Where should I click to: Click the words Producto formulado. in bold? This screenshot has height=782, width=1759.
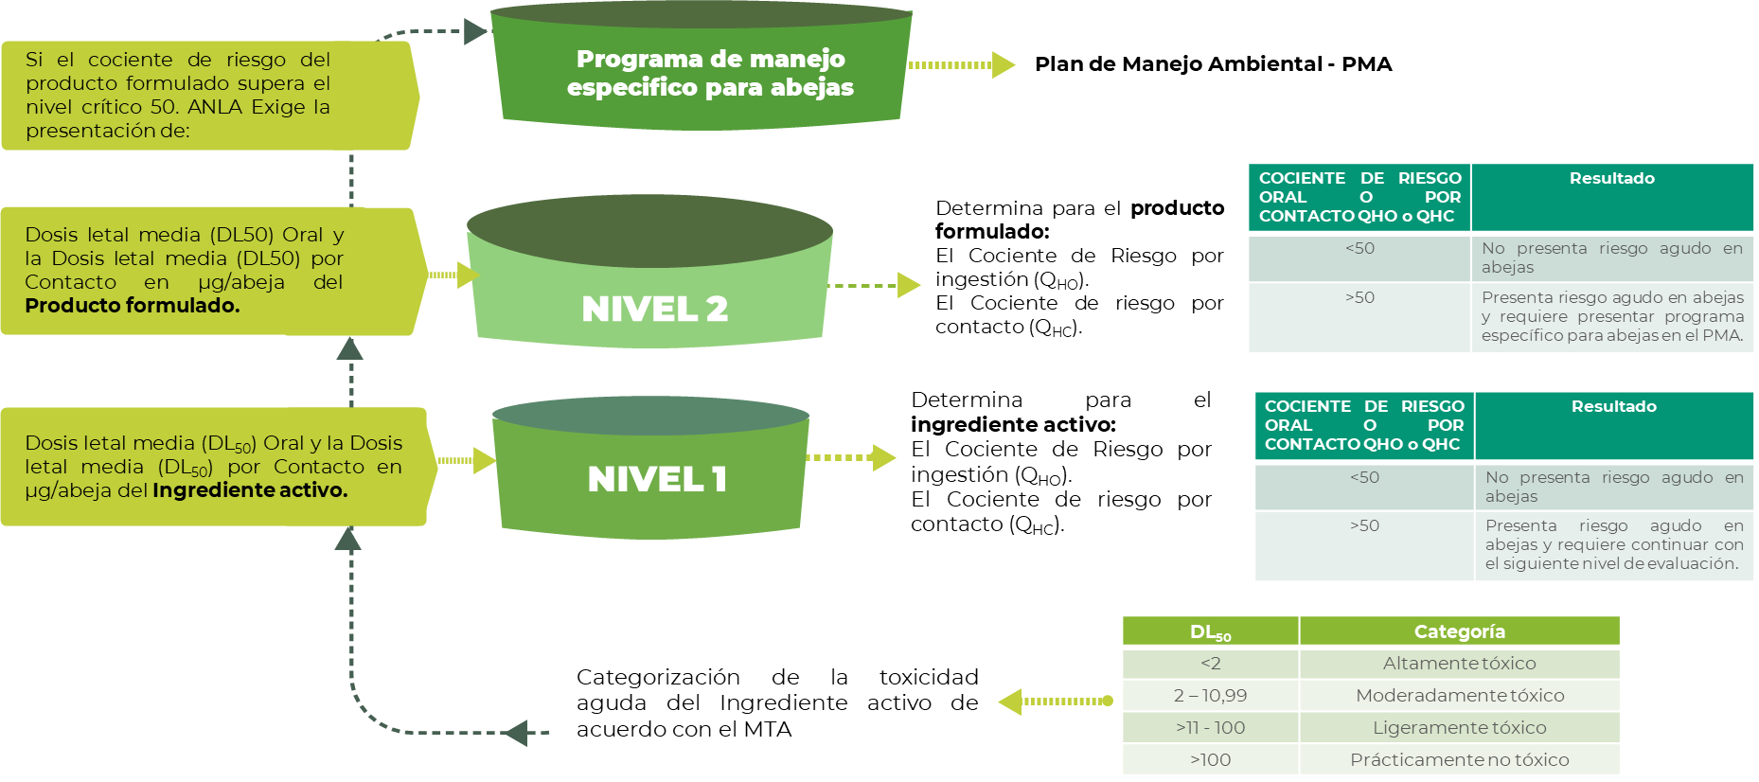[x=133, y=306]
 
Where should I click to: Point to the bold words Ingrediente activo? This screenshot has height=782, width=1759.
[x=250, y=490]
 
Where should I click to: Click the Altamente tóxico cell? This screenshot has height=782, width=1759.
[x=1459, y=664]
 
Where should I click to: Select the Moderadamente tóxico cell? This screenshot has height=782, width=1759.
[x=1459, y=696]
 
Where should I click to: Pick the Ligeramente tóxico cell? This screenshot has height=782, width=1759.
[x=1459, y=728]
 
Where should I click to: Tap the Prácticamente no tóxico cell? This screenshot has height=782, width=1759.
[x=1459, y=760]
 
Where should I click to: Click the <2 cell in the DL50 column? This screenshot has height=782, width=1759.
[x=1210, y=664]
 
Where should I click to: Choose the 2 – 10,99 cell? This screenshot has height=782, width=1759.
[x=1210, y=696]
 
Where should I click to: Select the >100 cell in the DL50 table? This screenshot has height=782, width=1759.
[x=1210, y=760]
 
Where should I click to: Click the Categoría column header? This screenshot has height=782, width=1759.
[x=1459, y=631]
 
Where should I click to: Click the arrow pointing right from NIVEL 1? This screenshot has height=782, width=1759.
[x=852, y=458]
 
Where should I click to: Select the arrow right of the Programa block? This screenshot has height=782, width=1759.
[x=962, y=65]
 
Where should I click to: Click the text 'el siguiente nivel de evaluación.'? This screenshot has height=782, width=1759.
[x=1611, y=564]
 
